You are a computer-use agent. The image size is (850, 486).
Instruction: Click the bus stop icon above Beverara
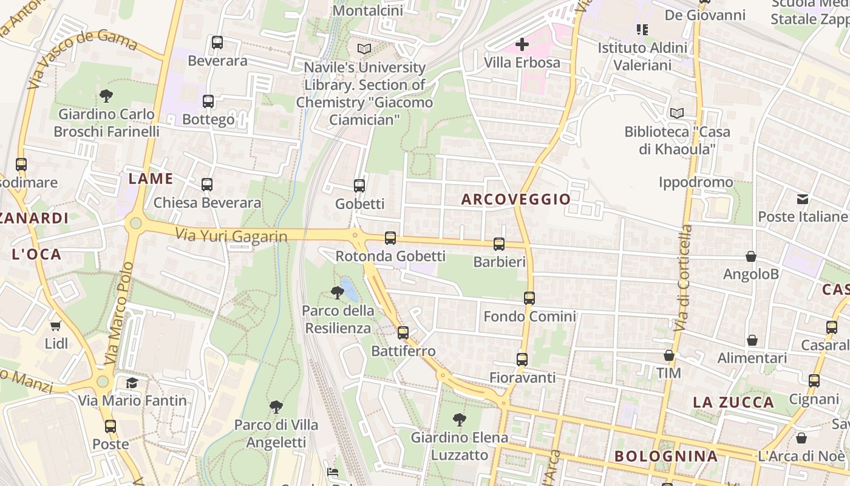(x=217, y=43)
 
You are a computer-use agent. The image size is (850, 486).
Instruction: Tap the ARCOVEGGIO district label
(x=516, y=199)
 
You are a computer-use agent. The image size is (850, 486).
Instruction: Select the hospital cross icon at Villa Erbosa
(x=522, y=44)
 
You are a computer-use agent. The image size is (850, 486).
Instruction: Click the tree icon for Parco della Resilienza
(x=338, y=293)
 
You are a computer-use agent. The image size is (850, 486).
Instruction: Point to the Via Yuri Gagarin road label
(x=231, y=236)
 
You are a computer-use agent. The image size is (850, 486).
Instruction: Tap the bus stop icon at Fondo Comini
(x=529, y=298)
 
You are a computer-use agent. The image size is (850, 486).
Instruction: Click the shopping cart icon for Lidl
(x=56, y=326)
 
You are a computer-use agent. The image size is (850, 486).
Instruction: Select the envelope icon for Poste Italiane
(x=803, y=199)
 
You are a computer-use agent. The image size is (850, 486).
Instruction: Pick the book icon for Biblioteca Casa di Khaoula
(x=676, y=114)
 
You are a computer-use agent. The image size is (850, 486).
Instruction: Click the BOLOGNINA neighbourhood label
(x=666, y=456)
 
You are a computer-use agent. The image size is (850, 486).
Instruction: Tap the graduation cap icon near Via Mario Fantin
(x=132, y=383)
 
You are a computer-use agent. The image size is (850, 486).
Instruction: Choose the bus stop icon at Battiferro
(x=403, y=333)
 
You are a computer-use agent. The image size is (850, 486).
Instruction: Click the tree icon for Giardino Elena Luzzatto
(x=460, y=419)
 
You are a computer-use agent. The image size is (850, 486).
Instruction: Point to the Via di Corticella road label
(x=683, y=278)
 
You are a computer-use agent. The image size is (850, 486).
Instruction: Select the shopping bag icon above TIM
(x=669, y=355)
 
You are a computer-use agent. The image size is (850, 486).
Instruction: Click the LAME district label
(x=151, y=179)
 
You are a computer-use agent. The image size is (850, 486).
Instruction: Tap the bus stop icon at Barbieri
(x=499, y=244)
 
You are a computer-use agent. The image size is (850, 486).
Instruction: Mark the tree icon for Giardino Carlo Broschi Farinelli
(x=106, y=95)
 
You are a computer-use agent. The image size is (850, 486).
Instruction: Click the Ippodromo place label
(x=696, y=182)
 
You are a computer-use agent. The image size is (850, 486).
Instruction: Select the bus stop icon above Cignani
(x=814, y=381)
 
